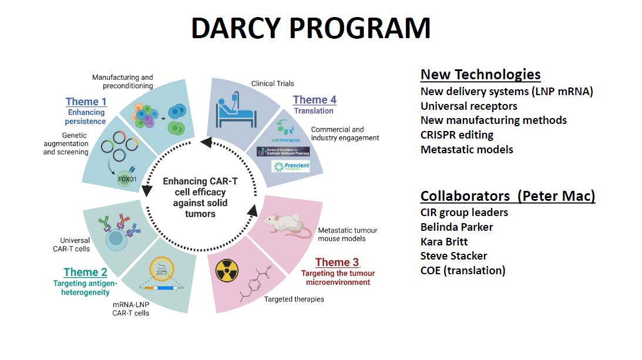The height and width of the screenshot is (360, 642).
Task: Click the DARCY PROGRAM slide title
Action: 311,28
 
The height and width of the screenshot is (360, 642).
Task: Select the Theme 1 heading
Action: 86,102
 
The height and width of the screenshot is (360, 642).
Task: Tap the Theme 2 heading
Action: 85,272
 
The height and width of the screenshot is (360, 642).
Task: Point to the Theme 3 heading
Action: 337,262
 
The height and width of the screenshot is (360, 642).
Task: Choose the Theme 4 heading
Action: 315,99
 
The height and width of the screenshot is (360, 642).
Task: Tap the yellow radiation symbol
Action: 228,271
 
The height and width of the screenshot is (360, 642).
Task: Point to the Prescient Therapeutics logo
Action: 290,167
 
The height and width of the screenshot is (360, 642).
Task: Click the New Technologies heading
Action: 480,75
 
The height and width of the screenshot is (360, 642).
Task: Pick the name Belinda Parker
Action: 456,227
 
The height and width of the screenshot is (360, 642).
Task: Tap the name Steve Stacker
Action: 453,255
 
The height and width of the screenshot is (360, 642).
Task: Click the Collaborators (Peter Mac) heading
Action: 507,196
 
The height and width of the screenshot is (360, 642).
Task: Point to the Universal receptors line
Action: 469,106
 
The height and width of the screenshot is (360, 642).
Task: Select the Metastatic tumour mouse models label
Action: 341,234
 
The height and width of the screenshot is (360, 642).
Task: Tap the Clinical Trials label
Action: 273,83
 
